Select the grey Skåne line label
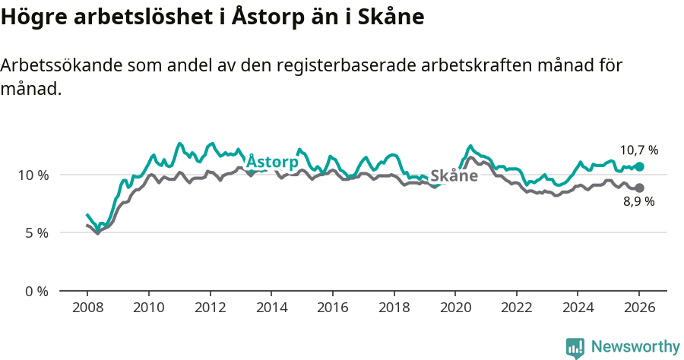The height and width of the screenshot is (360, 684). click(x=454, y=176)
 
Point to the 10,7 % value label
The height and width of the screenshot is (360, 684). click(x=639, y=150)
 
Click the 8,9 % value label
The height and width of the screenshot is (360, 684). click(x=639, y=202)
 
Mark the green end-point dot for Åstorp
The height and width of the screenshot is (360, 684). click(x=639, y=166)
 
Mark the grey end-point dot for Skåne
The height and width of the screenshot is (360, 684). click(x=639, y=188)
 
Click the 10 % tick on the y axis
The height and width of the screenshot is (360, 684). click(x=33, y=175)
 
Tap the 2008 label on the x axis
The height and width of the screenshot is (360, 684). click(x=87, y=308)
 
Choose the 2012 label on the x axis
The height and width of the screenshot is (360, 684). click(x=210, y=308)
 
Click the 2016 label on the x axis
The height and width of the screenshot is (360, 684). click(x=332, y=308)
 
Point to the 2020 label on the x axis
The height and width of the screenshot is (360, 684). click(x=455, y=308)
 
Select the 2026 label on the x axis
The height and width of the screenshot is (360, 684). click(x=639, y=308)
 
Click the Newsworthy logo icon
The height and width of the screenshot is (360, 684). click(x=575, y=348)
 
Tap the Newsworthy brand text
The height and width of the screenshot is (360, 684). click(x=635, y=347)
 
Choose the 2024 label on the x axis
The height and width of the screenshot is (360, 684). click(x=578, y=308)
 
